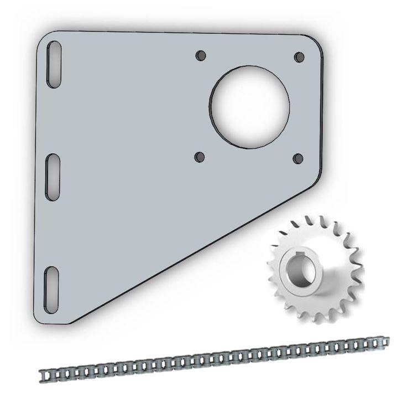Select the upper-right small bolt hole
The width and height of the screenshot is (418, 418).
(299, 57)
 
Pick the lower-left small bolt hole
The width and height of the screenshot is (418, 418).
(200, 158)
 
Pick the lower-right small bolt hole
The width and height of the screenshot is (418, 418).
(299, 158)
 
